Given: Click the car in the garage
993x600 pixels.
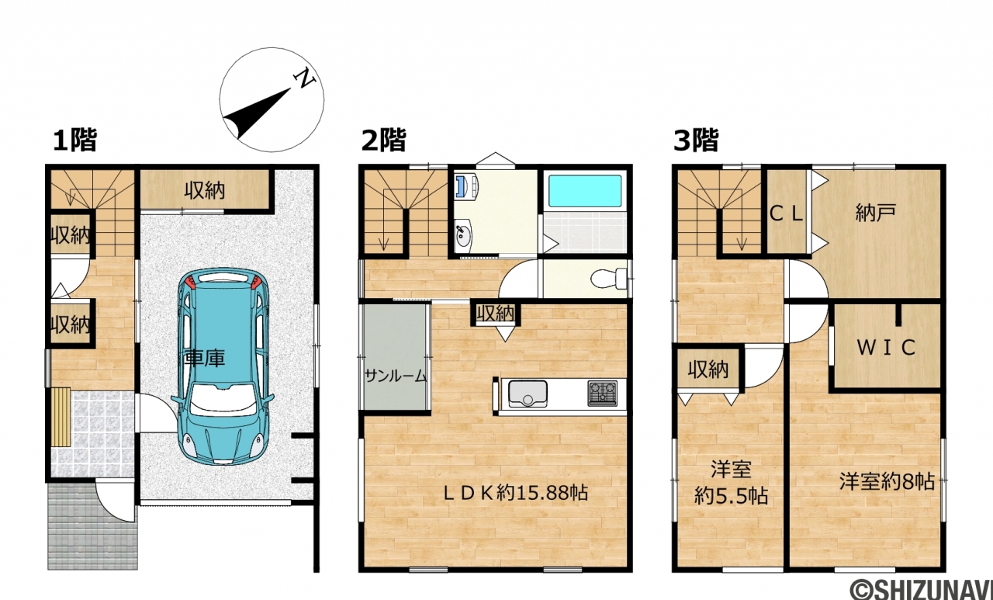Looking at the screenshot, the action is [x=222, y=366].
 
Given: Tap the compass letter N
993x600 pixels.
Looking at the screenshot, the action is [x=305, y=79].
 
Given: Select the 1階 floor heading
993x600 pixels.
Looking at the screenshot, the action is [x=75, y=140].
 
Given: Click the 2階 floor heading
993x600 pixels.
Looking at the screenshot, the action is [x=384, y=140].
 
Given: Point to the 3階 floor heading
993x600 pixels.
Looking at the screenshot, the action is [x=696, y=140].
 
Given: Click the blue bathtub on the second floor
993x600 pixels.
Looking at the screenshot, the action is [x=585, y=191].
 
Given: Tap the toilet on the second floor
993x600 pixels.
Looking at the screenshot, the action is [x=609, y=279].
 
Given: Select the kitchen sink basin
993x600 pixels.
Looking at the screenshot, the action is [x=528, y=394].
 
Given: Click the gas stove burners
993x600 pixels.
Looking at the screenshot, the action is [x=603, y=394].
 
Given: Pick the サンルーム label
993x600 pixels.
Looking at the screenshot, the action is [x=396, y=376].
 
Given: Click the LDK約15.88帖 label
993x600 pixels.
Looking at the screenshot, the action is [x=516, y=493].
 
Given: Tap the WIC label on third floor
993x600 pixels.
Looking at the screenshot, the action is [x=886, y=347].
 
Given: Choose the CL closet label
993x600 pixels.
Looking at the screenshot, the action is [x=787, y=214].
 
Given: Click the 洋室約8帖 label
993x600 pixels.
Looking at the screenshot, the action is [x=887, y=481].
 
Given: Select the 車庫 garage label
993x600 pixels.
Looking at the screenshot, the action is [x=205, y=359].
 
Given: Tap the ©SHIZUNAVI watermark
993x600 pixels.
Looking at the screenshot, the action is [x=921, y=589].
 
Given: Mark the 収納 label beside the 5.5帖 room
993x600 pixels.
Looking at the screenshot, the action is [x=708, y=369].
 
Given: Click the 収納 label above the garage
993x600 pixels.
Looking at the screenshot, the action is [x=205, y=191].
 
